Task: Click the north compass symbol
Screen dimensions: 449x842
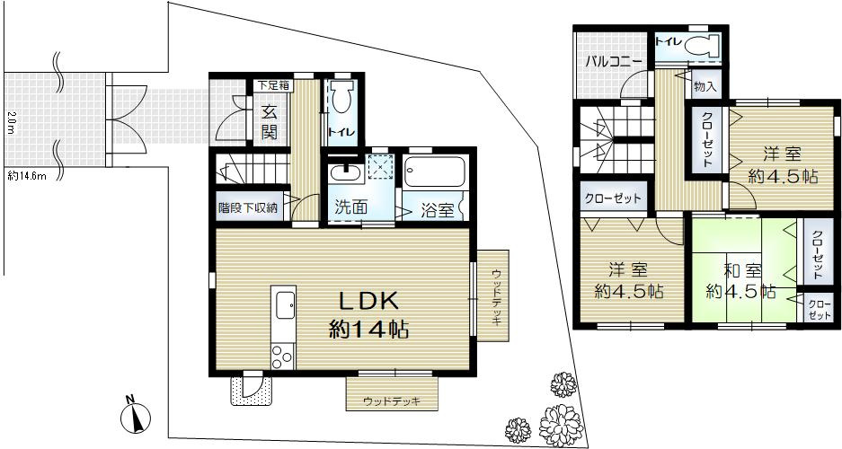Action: [134, 416]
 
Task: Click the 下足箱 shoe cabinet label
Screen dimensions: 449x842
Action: [272, 86]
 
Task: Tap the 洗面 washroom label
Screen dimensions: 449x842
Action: [350, 206]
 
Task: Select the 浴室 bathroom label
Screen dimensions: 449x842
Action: [437, 210]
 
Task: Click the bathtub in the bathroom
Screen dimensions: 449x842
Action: [434, 172]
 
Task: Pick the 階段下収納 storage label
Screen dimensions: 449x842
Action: [248, 207]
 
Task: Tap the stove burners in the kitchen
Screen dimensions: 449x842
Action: [282, 354]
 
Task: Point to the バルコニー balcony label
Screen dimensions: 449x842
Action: [613, 62]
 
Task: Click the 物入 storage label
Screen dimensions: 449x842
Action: [705, 87]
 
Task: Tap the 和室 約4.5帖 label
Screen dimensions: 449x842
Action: [741, 280]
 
